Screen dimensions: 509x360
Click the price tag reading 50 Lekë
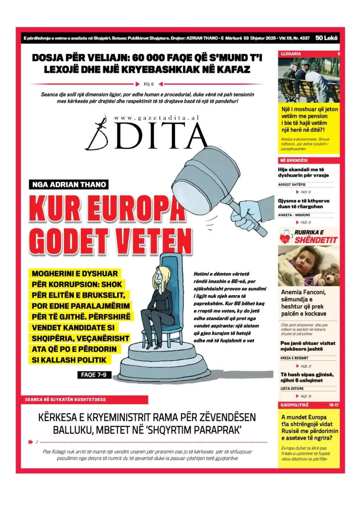(326, 38)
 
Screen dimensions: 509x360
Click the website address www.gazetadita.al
(156, 118)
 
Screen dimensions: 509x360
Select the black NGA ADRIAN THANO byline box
(69, 185)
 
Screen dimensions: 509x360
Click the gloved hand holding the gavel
(244, 215)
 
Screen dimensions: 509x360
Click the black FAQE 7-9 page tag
(94, 375)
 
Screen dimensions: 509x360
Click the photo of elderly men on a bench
(309, 80)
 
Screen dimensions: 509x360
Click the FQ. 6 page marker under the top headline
(149, 84)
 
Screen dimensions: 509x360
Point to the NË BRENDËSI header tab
(293, 161)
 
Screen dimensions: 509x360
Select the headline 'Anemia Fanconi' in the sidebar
(303, 292)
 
